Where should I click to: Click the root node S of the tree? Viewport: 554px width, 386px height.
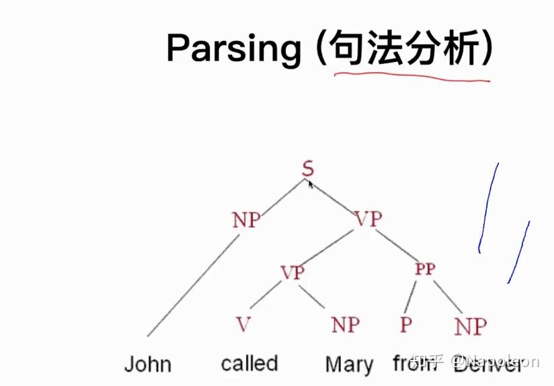307,168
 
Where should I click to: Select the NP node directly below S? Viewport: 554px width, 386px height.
245,219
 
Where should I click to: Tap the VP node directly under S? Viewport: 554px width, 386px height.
368,219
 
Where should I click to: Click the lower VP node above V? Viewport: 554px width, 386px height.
292,272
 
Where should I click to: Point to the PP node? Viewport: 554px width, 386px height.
425,270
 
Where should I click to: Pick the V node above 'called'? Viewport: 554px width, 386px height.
243,325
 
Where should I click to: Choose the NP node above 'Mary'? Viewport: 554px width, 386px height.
346,325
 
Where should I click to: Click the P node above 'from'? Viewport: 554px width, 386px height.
405,325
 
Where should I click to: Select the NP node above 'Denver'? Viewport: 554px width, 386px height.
470,327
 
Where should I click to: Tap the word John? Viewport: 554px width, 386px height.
148,364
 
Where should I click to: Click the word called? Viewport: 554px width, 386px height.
249,364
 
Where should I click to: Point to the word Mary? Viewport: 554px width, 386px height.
349,365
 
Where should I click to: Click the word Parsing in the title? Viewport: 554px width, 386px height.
233,48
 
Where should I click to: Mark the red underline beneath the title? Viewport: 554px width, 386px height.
411,77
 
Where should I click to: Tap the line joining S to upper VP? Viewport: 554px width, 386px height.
336,196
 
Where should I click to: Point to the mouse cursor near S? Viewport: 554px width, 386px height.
311,183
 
